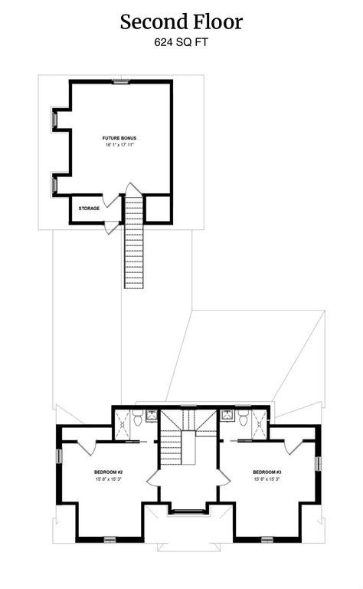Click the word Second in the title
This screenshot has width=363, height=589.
pos(150,21)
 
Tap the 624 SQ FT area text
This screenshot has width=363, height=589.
pos(181,42)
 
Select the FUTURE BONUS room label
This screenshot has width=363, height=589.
pos(119,138)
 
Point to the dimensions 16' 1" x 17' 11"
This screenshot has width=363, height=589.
pos(119,145)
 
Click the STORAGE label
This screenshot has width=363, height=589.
pos(89,209)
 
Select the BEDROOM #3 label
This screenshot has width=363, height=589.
pos(267,472)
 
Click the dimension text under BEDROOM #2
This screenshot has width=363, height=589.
pos(109,479)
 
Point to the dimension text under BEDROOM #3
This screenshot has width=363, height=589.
pos(267,479)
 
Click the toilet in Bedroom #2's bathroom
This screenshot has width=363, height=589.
pos(137,418)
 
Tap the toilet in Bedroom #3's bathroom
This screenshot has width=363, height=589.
pos(243,418)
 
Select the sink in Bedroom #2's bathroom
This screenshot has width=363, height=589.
pos(152,416)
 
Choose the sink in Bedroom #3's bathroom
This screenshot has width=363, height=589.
pos(227,416)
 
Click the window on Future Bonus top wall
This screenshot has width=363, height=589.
pos(121,81)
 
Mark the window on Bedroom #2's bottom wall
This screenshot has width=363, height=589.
pos(110,540)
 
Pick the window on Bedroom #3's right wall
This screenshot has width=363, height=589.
pos(319,463)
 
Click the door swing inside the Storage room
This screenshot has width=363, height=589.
pos(112,202)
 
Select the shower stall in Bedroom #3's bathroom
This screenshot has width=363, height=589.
pos(260,424)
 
